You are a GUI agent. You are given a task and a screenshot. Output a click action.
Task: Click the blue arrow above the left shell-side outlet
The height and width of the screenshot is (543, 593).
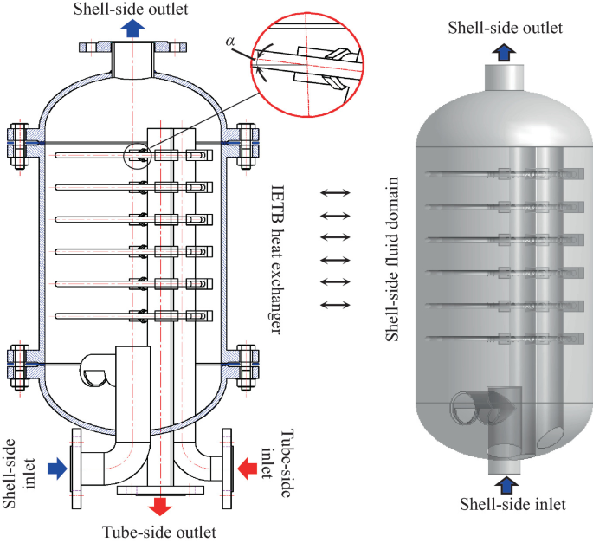(x=132, y=28)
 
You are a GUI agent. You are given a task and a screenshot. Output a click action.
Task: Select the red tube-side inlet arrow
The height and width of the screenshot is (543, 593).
(x=246, y=469)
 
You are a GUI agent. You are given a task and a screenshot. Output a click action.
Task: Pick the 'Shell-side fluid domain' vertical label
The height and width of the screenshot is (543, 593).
(x=393, y=260)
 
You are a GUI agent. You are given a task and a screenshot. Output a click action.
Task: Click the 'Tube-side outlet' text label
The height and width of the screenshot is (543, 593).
(x=159, y=531)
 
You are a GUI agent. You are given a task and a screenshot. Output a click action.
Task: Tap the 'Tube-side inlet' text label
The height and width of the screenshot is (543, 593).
(x=290, y=460)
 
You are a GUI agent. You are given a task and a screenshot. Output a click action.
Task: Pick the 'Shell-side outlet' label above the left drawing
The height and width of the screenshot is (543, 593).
(x=132, y=8)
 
